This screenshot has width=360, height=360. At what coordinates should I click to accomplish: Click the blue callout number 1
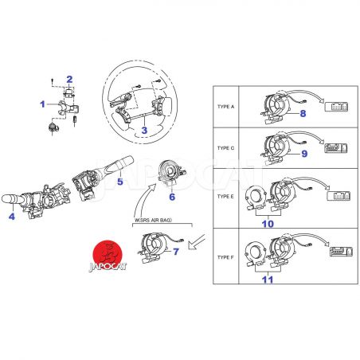coord(42,104)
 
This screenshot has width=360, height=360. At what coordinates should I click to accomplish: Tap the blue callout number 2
coord(69,79)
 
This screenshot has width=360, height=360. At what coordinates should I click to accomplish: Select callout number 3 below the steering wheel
coord(144,131)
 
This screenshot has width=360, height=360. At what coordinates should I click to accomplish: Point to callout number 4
coord(12,217)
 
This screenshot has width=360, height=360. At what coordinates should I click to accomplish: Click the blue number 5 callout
coord(120,182)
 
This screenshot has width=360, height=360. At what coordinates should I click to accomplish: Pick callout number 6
coord(172,197)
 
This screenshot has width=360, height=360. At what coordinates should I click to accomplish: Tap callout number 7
coord(176,252)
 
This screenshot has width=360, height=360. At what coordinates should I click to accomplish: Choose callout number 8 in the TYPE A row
coord(303,114)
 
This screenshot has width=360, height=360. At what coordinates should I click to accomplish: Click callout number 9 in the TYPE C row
coord(304,154)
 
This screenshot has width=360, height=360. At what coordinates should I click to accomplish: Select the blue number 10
coord(268,224)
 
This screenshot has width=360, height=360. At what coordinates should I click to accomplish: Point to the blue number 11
coord(268,280)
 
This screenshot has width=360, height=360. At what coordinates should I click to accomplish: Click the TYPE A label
coord(226,107)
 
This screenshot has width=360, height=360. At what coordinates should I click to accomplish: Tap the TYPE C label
coord(226,148)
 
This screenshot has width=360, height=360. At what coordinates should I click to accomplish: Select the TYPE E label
coord(225,197)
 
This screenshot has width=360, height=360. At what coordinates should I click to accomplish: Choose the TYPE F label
coord(225,257)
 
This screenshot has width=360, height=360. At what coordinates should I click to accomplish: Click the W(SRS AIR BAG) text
coord(154,220)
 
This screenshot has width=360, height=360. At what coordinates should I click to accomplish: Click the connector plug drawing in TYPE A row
coord(337,107)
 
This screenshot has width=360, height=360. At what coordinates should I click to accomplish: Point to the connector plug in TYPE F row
coord(341,252)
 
